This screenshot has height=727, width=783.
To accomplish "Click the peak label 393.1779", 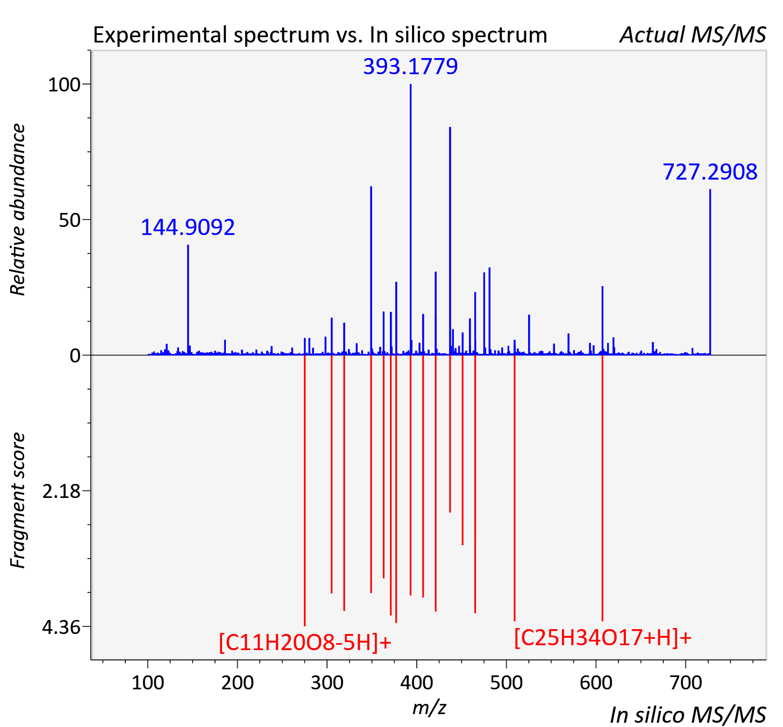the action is pos(410,66).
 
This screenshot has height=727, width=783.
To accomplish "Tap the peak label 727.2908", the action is pos(710,172).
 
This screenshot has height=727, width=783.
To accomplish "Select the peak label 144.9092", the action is pos(188,227).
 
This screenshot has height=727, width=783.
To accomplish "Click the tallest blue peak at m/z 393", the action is pos(410,219).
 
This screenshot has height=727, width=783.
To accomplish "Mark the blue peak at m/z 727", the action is pos(710,272).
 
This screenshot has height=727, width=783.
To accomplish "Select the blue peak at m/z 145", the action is pos(188,300).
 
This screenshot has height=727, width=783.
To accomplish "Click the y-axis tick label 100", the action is pos(63,84).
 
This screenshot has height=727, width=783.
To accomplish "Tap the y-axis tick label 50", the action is pos(69,220).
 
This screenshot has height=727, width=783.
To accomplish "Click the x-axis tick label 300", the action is pos(327,682).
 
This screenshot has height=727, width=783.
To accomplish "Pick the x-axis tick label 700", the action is pos(686,682).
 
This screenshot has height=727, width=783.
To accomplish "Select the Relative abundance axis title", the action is pos(18,210).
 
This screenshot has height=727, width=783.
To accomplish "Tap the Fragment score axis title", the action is pos(18,501).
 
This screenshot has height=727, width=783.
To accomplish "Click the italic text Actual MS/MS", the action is pos(693,35).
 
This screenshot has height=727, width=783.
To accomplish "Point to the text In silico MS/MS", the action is pos(688,715).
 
